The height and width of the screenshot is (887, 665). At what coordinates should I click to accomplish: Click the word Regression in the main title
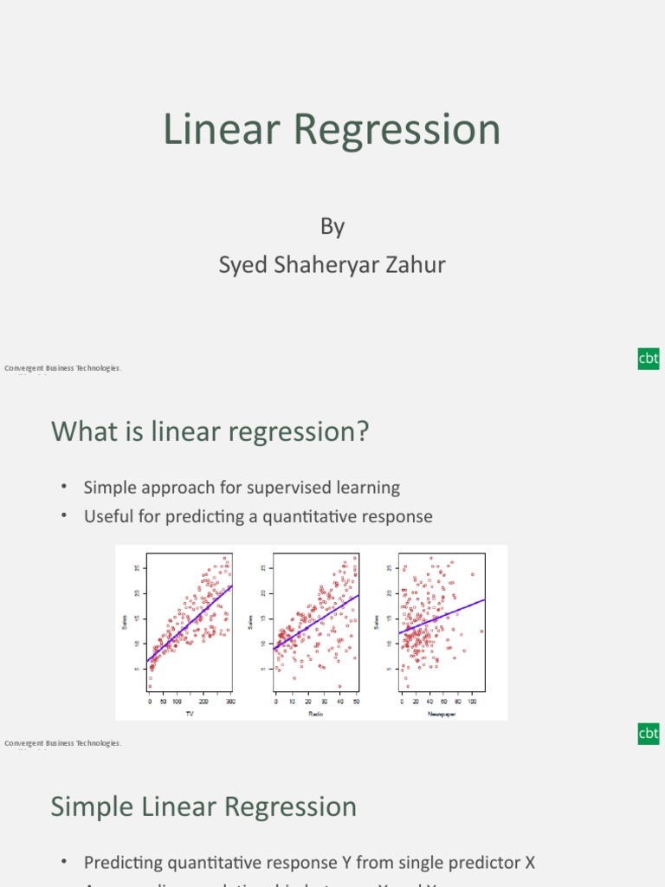coord(396,130)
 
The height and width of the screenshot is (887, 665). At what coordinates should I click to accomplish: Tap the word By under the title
coord(332,227)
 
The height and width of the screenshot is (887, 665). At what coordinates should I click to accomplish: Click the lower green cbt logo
coord(649,734)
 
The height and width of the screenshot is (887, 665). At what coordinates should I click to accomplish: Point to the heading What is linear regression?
coord(210,431)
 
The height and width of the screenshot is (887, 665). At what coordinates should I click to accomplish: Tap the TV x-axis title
coord(190,714)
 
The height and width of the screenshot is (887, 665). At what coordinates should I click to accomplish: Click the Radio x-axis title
coord(315,714)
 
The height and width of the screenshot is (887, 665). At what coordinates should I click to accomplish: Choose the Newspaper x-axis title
coord(442,714)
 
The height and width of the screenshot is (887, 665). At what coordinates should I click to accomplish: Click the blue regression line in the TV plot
coord(190,624)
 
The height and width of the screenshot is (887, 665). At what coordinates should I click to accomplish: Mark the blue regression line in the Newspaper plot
coord(442,616)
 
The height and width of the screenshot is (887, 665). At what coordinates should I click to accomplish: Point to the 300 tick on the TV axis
coord(230,702)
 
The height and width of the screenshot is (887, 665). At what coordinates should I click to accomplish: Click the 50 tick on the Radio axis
coord(356,702)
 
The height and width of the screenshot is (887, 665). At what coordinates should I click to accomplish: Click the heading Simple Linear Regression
coord(203,806)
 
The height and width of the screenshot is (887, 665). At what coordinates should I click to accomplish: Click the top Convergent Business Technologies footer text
coord(63,368)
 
